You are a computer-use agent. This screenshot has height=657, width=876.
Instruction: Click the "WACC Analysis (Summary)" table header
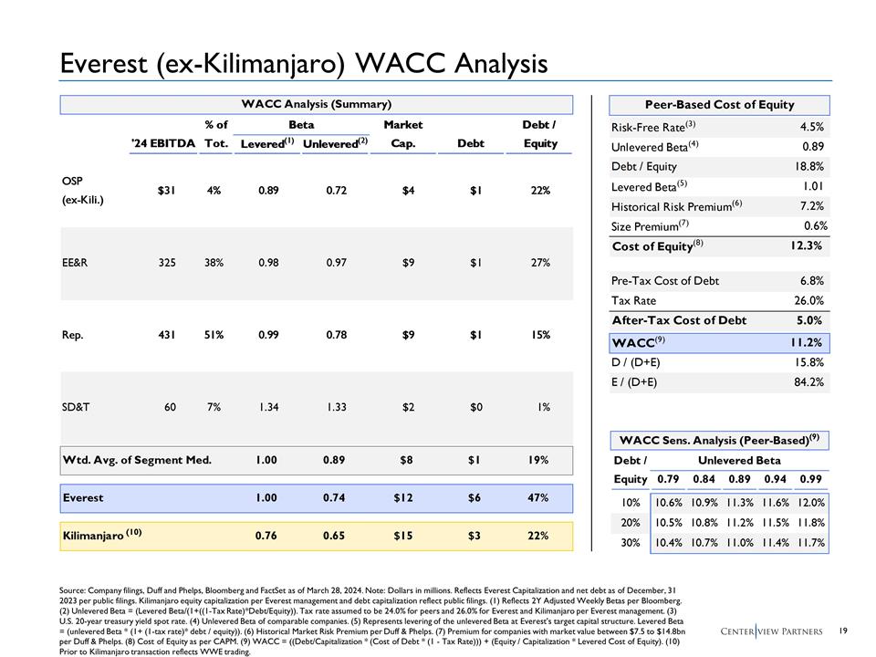317,105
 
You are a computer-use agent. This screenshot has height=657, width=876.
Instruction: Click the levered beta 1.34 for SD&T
268,407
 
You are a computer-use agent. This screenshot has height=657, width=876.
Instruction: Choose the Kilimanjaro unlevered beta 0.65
337,536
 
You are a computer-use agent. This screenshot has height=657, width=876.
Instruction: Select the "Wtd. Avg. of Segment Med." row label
137,460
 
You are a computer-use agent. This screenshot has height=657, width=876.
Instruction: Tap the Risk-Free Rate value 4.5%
811,127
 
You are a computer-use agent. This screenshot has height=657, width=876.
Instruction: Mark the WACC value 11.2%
807,343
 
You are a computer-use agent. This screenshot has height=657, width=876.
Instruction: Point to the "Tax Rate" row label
633,299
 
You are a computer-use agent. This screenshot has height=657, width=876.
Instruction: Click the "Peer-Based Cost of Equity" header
720,106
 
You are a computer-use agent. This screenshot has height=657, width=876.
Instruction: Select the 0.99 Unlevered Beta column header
810,479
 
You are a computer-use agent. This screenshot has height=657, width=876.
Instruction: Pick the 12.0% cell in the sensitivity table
811,502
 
